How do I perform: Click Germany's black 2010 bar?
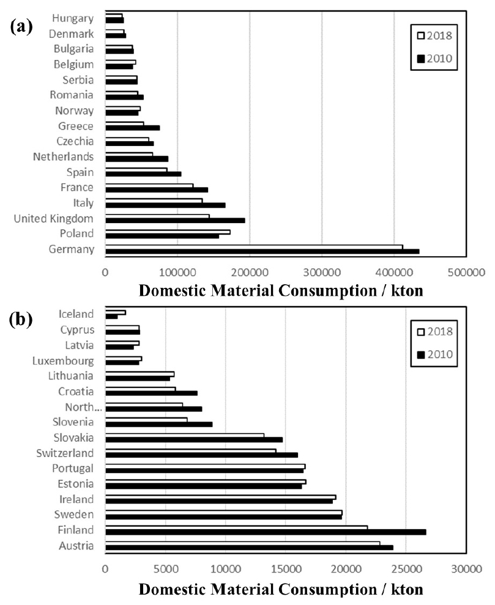tap(262, 251)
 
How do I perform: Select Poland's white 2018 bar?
tap(168, 232)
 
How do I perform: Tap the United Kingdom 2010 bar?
tap(175, 221)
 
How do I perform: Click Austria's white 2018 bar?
tap(242, 543)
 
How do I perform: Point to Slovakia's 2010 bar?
tap(194, 439)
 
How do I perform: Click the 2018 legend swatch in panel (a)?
tap(420, 35)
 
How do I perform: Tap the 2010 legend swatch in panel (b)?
tap(420, 355)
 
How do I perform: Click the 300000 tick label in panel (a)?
tap(322, 270)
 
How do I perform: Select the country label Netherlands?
tap(64, 157)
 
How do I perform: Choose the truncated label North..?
tap(78, 407)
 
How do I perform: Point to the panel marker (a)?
tap(22, 29)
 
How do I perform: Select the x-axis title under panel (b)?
tap(281, 590)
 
